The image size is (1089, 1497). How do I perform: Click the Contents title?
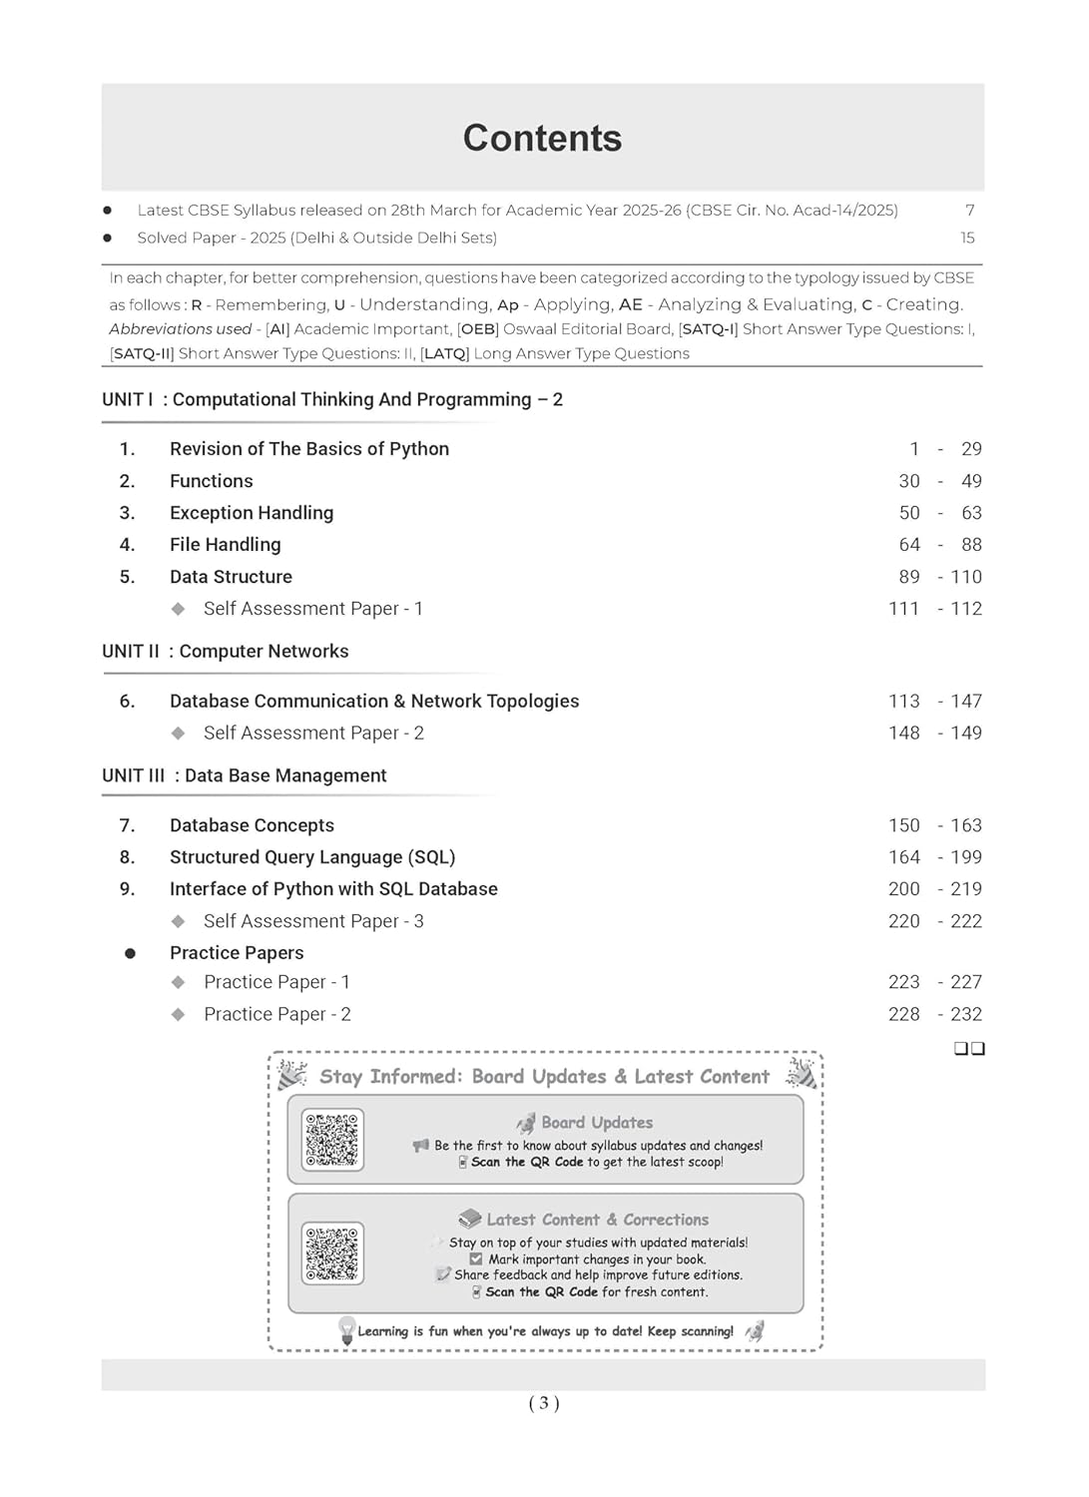(x=542, y=139)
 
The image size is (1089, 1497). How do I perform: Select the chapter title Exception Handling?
(x=252, y=513)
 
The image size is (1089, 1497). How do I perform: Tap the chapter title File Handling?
(x=226, y=545)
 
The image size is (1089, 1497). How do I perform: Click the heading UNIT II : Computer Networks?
(x=226, y=652)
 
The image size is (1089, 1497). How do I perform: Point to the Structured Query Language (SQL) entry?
(x=312, y=857)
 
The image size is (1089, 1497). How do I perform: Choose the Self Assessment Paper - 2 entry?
(x=313, y=734)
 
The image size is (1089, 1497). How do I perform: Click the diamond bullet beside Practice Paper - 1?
(x=179, y=982)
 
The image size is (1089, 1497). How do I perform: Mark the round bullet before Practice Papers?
(x=130, y=953)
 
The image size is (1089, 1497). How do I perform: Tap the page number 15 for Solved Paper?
(x=967, y=238)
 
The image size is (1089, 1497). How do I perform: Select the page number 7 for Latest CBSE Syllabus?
(x=969, y=210)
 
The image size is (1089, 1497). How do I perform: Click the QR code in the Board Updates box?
(x=332, y=1140)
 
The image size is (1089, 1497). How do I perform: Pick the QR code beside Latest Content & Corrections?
(x=332, y=1253)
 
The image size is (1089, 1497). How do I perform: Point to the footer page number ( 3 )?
(x=544, y=1403)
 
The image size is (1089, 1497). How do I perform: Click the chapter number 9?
(x=127, y=889)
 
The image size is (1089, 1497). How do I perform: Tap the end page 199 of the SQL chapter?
(x=965, y=857)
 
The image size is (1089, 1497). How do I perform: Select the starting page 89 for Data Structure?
(x=909, y=577)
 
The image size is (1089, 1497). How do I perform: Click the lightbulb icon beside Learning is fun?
(x=346, y=1329)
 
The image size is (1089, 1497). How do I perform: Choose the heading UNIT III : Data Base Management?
(x=245, y=776)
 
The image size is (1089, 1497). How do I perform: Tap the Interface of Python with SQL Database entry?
(x=333, y=889)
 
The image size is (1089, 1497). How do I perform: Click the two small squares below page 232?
(x=969, y=1048)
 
